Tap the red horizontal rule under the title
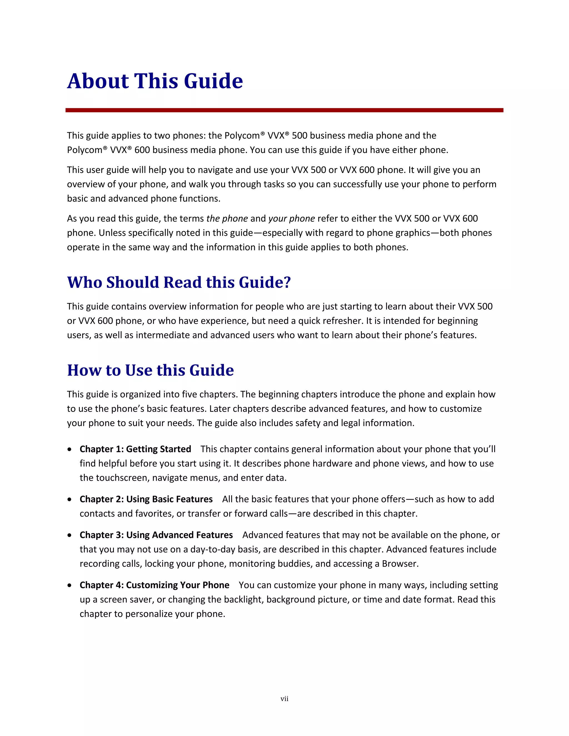pyautogui.click(x=284, y=110)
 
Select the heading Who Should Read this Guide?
pyautogui.click(x=179, y=282)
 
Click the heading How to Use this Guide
pyautogui.click(x=150, y=370)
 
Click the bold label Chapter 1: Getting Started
pyautogui.click(x=135, y=449)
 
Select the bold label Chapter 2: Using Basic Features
pyautogui.click(x=146, y=499)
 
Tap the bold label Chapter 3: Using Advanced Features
pyautogui.click(x=156, y=535)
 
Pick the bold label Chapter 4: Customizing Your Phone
pyautogui.click(x=154, y=585)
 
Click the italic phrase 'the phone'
pyautogui.click(x=227, y=218)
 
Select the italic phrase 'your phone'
pyautogui.click(x=291, y=218)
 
